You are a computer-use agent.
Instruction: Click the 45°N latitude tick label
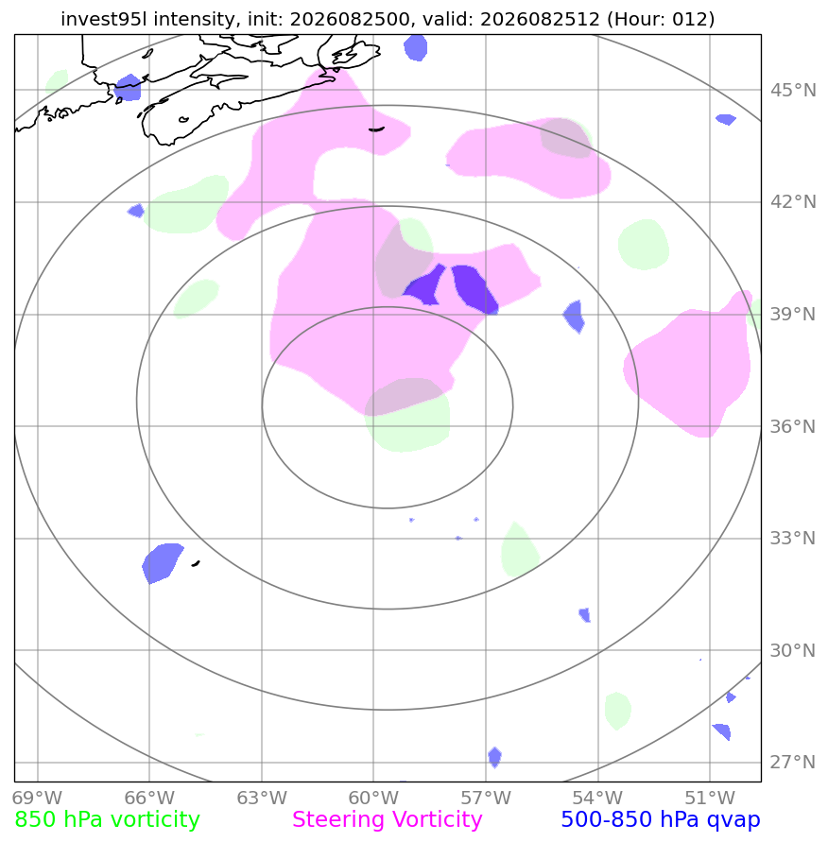(x=793, y=90)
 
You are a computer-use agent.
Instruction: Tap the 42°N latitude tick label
(x=793, y=202)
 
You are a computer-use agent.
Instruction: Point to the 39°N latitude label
(x=793, y=314)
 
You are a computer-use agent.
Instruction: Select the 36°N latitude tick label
(x=793, y=426)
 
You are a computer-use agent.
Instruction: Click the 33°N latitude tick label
(x=793, y=538)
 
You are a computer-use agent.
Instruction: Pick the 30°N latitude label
(x=793, y=650)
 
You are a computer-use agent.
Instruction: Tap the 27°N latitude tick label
(x=793, y=762)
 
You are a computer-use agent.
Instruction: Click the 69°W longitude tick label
(x=38, y=798)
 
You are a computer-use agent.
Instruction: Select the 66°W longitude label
(x=149, y=798)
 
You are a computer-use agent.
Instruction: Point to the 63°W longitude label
(x=262, y=798)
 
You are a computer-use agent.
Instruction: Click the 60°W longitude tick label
(x=373, y=798)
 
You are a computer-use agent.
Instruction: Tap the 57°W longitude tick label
(x=486, y=798)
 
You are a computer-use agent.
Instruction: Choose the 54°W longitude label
(x=597, y=798)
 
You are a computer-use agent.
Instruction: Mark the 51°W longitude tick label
(x=710, y=798)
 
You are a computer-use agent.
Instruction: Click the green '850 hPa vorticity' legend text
(x=108, y=820)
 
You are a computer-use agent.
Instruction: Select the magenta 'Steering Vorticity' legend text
(x=388, y=820)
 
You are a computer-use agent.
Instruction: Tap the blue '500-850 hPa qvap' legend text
(x=661, y=820)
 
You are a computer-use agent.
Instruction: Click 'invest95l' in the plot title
(x=104, y=19)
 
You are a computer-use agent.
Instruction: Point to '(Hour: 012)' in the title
(x=661, y=19)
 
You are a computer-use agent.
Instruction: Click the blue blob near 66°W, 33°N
(x=163, y=562)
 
